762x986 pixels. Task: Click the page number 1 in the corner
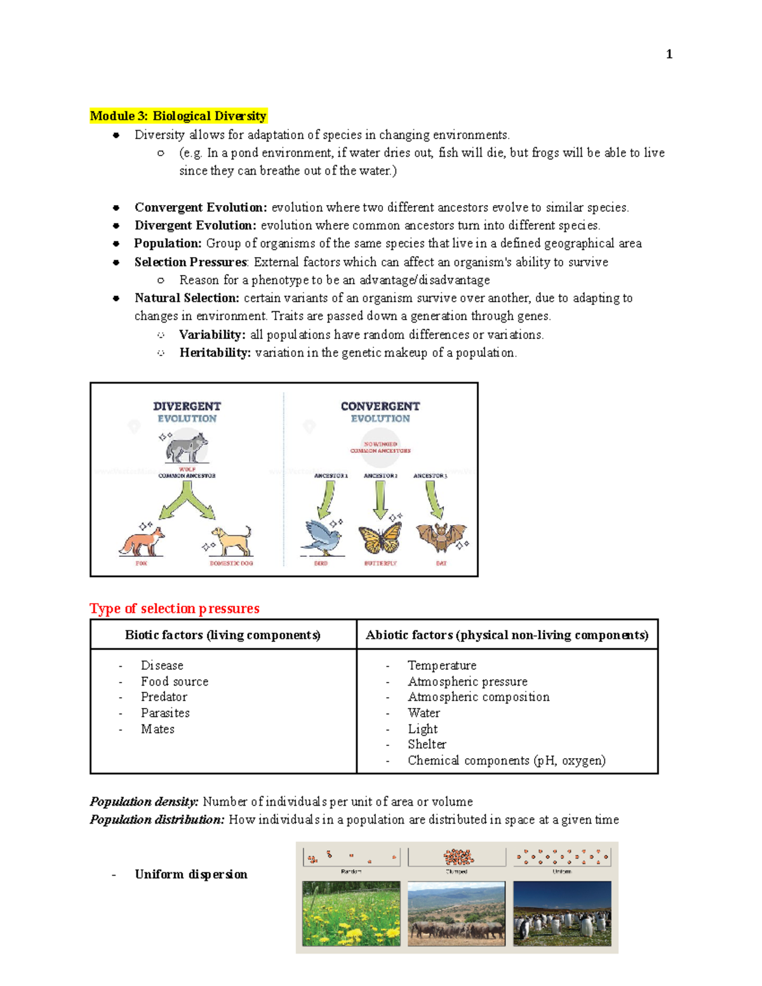[669, 55]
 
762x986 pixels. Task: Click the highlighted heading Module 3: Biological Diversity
[178, 116]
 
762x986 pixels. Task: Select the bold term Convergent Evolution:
[201, 208]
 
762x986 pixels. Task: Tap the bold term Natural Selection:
[187, 298]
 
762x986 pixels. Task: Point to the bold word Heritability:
[215, 353]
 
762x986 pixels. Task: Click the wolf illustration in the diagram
[186, 447]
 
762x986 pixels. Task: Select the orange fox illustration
[142, 541]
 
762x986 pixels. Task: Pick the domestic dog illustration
[232, 541]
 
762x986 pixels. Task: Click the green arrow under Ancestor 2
[380, 499]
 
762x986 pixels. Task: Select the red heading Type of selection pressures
[175, 609]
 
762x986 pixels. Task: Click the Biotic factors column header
[222, 635]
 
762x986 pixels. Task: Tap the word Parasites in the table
[165, 713]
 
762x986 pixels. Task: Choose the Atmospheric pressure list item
[467, 681]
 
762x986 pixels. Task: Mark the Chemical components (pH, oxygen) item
[506, 761]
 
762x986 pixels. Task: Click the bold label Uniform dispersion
[190, 875]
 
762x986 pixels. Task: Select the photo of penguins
[562, 914]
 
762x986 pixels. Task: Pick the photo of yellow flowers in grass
[351, 914]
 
